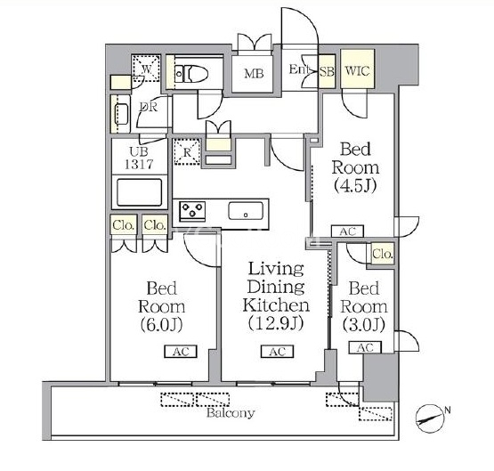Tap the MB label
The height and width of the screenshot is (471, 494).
click(x=254, y=73)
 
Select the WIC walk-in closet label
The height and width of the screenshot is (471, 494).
click(x=357, y=70)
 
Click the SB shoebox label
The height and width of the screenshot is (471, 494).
click(x=327, y=72)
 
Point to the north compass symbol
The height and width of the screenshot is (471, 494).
click(x=430, y=419)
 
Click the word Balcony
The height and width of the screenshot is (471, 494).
click(x=231, y=413)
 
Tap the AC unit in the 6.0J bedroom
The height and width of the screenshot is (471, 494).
click(x=181, y=352)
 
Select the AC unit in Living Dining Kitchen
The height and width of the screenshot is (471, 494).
click(x=277, y=352)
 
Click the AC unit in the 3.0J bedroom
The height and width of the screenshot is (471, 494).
click(x=365, y=347)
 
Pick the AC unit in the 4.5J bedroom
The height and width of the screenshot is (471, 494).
click(x=347, y=231)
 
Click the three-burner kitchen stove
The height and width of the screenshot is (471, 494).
click(x=192, y=211)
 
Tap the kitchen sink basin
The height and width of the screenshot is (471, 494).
click(x=246, y=211)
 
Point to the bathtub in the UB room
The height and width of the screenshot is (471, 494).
click(x=139, y=192)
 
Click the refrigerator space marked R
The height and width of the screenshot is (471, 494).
click(x=187, y=152)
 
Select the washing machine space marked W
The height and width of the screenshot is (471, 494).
click(x=147, y=69)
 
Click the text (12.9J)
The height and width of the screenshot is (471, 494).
click(x=276, y=323)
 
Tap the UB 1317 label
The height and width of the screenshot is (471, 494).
click(x=139, y=158)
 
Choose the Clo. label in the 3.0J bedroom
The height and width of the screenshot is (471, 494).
click(x=383, y=253)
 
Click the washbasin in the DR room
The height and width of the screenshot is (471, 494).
click(x=121, y=114)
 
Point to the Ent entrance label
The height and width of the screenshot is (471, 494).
click(x=298, y=69)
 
